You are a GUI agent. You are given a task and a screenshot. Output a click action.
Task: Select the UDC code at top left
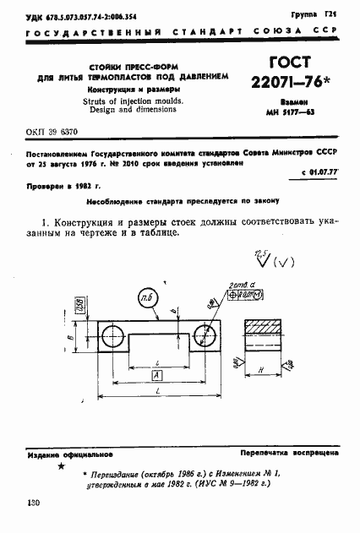(77, 15)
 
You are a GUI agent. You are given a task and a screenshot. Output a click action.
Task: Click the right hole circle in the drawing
(207, 337)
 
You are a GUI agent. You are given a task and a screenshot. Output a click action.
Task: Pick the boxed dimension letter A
(157, 376)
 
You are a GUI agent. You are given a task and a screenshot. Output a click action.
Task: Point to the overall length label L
(157, 395)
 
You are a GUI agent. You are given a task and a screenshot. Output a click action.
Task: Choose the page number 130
(35, 503)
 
